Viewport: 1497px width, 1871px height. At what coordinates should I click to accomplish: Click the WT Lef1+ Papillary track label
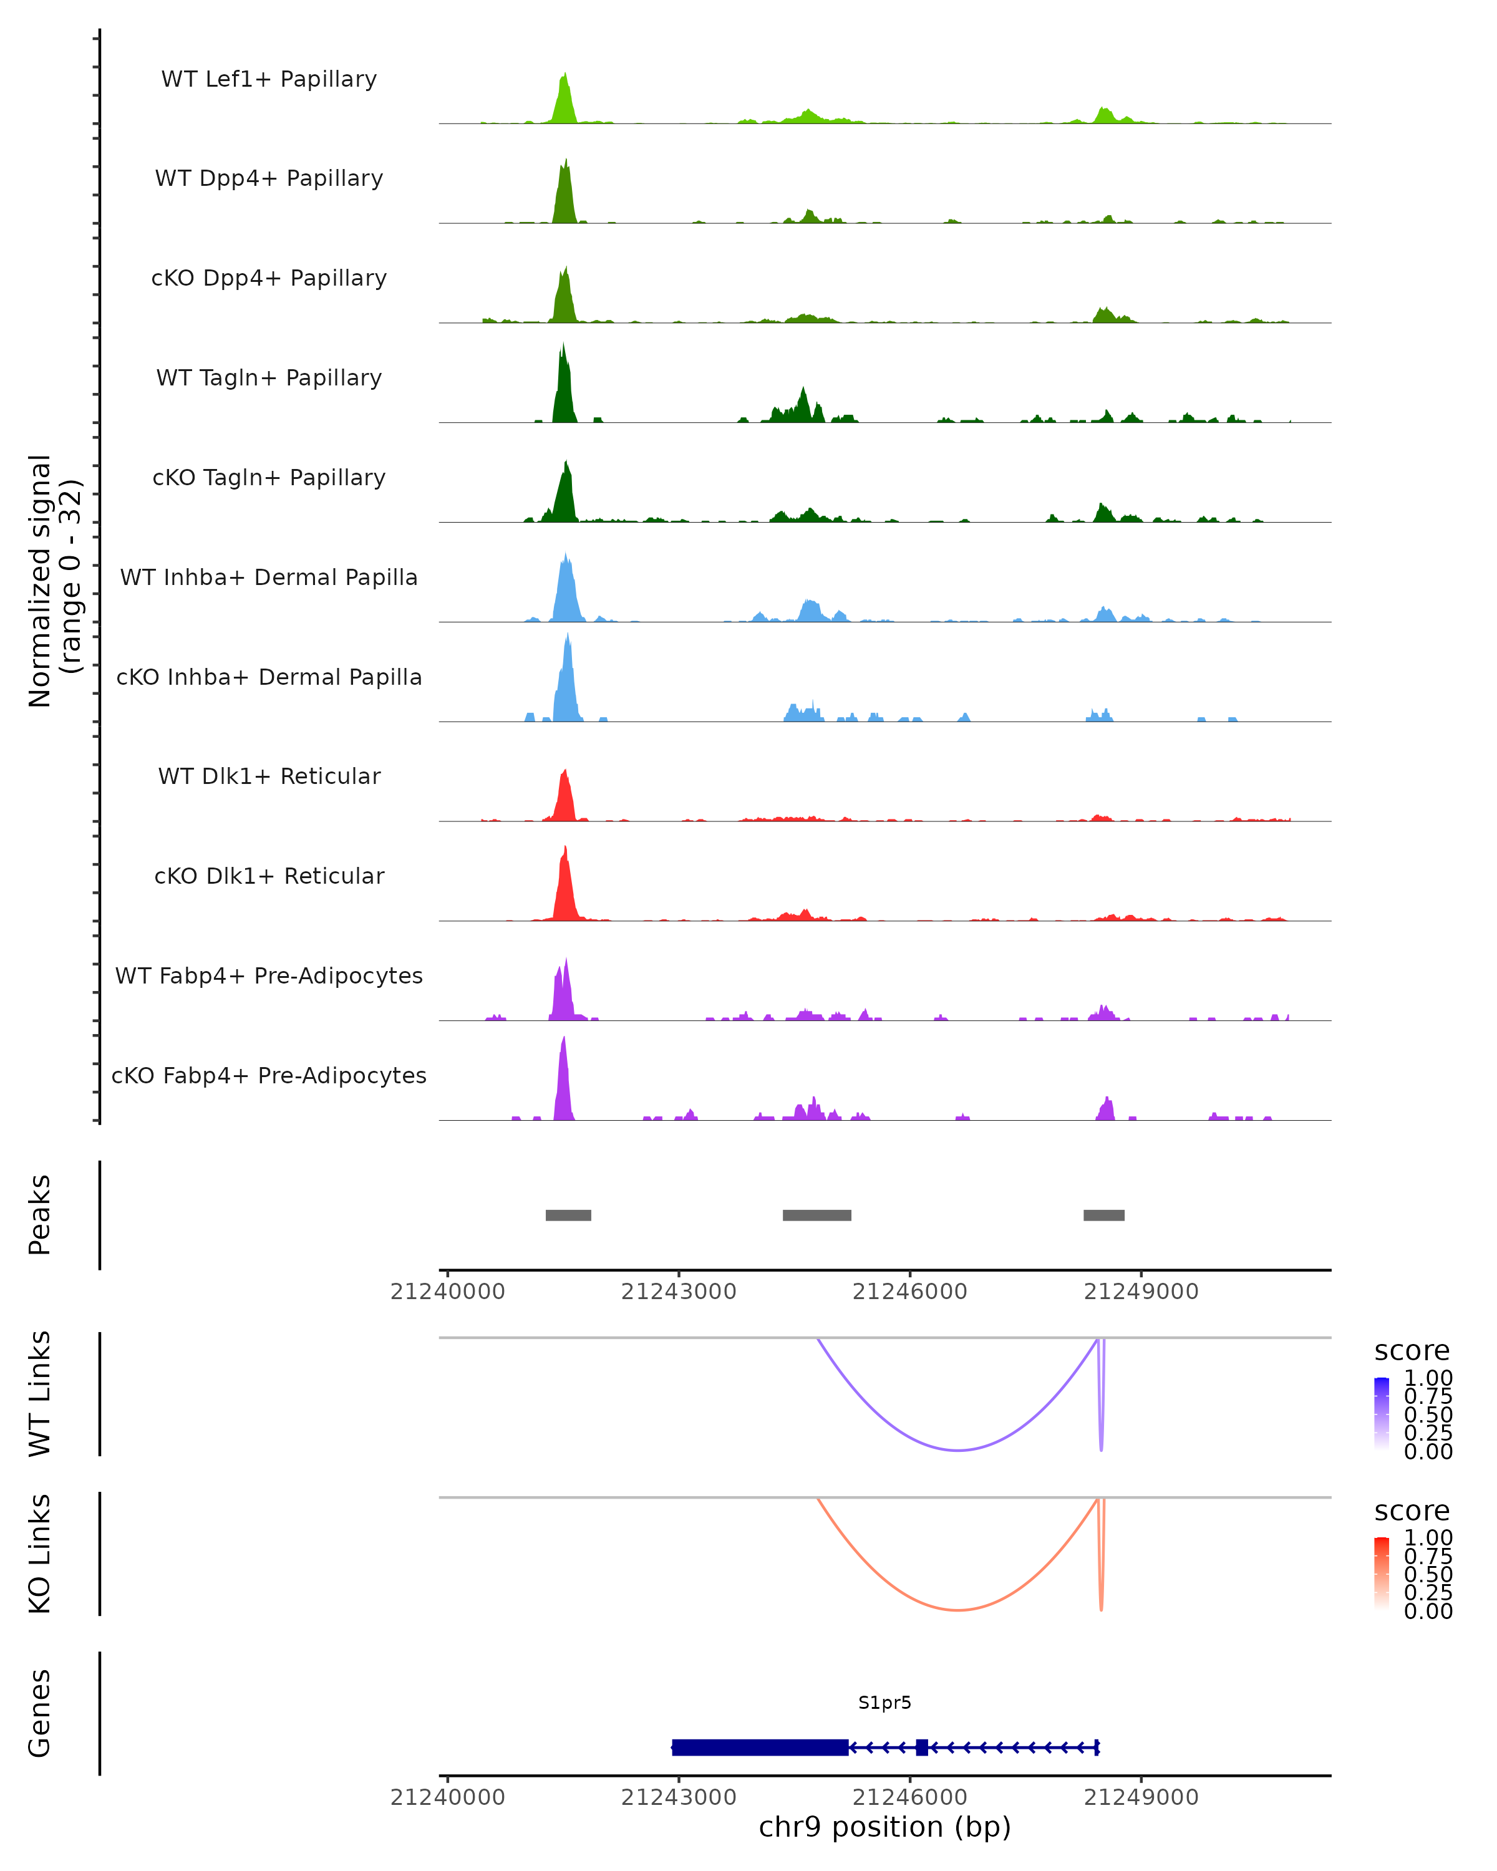(269, 79)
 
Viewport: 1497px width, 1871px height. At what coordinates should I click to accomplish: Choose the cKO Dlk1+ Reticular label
(269, 876)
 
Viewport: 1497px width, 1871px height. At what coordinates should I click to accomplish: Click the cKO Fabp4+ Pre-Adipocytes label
(269, 1075)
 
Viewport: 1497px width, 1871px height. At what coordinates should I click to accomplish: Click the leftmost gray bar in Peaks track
(568, 1215)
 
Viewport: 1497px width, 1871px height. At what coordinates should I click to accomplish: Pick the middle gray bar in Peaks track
(816, 1215)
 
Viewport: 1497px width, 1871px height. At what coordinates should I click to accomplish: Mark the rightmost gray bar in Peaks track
(1104, 1215)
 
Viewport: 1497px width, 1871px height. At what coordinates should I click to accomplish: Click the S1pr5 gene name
(884, 1703)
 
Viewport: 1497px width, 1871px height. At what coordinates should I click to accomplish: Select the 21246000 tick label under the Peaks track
(909, 1292)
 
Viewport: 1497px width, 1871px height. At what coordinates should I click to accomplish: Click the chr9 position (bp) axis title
(884, 1827)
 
